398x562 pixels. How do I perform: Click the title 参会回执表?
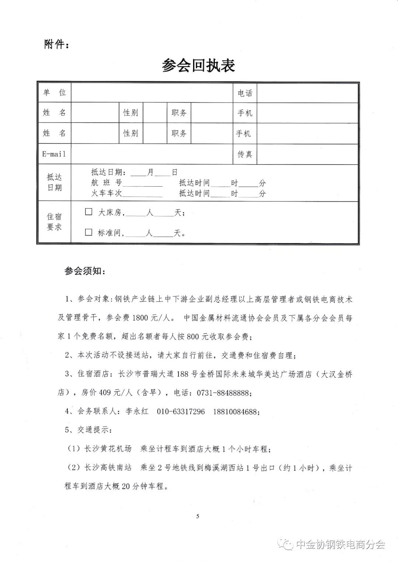pos(198,66)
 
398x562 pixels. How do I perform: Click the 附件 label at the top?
pos(56,45)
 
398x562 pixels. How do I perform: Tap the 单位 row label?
pos(54,92)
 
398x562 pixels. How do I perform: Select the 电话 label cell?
pos(245,93)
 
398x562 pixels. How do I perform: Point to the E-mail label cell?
pos(54,154)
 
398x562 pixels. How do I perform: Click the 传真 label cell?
pos(245,154)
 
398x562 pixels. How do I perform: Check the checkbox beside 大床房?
pos(88,212)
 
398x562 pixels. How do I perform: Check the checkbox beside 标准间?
pos(88,232)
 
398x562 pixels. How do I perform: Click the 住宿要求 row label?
pos(54,222)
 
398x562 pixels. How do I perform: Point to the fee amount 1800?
pos(140,318)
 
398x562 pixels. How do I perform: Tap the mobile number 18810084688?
pos(236,411)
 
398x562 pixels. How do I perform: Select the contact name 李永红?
pos(137,411)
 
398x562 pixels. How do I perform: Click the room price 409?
pos(105,393)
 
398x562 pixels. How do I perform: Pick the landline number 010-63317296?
pos(181,411)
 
